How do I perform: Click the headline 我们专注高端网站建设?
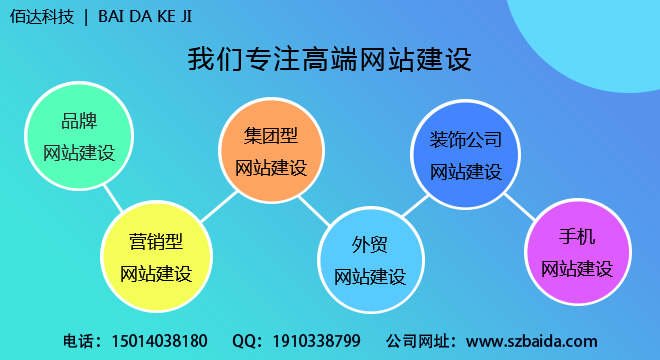pos(329,59)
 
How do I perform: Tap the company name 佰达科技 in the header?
pos(41,17)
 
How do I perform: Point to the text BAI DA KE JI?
pos(151,17)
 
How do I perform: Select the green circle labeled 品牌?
pos(79,138)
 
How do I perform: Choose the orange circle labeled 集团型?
pos(271,151)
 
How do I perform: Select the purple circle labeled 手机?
pos(577,252)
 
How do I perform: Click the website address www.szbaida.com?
pos(531,341)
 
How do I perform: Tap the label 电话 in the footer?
pos(78,341)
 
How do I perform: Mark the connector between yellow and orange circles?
pos(212,208)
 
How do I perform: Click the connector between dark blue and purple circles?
pos(520,206)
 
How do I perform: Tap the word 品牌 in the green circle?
pos(79,123)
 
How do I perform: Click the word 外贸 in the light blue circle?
pos(369,246)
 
